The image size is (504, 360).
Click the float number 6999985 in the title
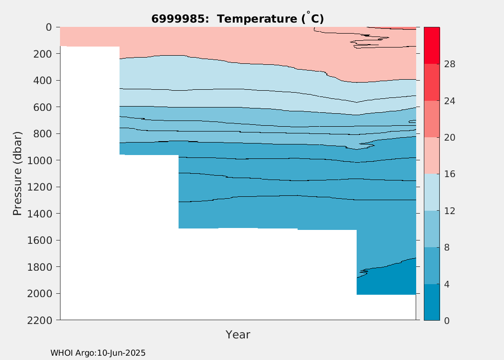178,19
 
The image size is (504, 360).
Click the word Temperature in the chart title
257,19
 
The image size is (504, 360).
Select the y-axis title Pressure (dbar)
17,174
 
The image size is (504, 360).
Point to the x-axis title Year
238,335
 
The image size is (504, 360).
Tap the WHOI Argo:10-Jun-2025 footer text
98,353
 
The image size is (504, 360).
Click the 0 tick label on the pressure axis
49,27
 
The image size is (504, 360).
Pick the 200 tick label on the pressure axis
43,54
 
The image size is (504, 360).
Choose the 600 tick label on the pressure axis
43,107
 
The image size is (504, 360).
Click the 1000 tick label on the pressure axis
39,160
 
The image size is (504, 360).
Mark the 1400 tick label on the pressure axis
39,214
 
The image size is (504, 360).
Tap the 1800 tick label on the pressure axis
39,267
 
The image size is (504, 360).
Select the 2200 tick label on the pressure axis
39,321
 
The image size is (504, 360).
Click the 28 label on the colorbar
450,64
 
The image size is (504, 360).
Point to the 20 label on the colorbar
450,138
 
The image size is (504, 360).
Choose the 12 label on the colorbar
450,211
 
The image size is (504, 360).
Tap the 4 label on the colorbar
447,285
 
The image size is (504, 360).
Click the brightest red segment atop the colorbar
432,45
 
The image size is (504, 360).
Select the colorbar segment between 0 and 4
432,302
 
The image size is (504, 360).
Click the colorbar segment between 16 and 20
432,156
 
